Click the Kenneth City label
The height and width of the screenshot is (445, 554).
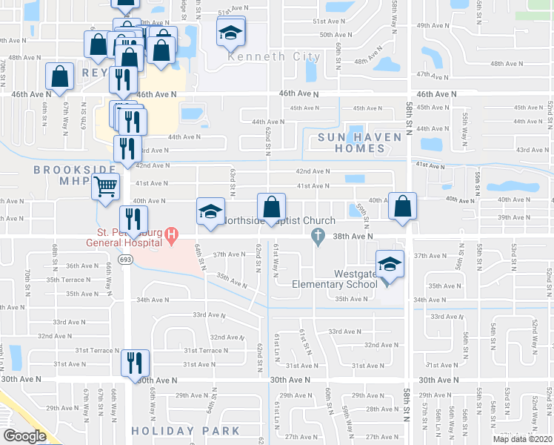click(x=274, y=57)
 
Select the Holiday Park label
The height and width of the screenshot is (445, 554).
click(x=186, y=431)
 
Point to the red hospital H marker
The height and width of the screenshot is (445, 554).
click(x=172, y=237)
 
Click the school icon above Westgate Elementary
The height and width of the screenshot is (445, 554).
click(x=388, y=264)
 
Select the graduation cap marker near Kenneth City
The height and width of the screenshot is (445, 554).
click(x=230, y=33)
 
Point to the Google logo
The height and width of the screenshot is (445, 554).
click(x=24, y=435)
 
